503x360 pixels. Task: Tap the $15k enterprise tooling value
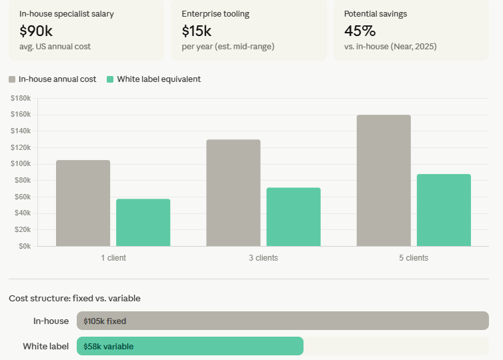[196, 31]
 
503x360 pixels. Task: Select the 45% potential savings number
[360, 31]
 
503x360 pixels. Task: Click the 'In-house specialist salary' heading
[66, 13]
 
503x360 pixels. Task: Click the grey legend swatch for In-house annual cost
[12, 79]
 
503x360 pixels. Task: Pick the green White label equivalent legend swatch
[110, 79]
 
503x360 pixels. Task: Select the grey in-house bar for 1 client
[83, 203]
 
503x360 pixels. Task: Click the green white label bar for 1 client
[143, 222]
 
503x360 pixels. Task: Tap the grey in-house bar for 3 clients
[233, 193]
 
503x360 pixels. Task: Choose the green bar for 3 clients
[294, 217]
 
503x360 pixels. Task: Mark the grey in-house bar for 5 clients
[384, 180]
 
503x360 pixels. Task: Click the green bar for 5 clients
[444, 210]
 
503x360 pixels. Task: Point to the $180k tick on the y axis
[21, 98]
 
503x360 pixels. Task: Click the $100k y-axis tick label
[21, 164]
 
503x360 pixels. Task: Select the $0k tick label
[24, 246]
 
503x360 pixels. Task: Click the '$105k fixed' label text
[105, 321]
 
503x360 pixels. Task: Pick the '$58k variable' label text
[108, 347]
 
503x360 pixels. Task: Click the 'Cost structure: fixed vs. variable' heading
[75, 298]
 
